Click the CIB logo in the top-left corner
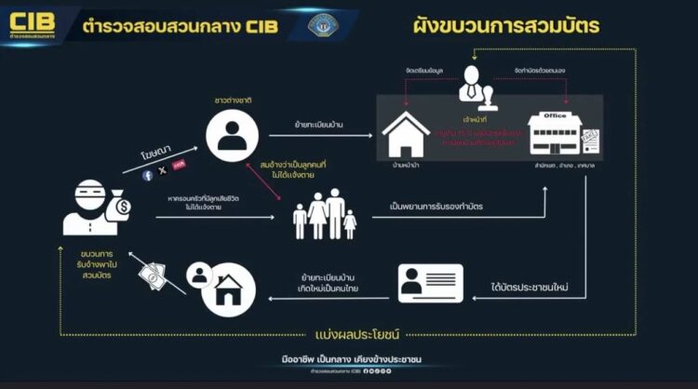tap(31, 22)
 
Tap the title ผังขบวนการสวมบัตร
tap(507, 24)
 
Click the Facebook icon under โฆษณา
tap(147, 173)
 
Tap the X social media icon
tap(163, 171)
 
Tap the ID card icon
tap(431, 285)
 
